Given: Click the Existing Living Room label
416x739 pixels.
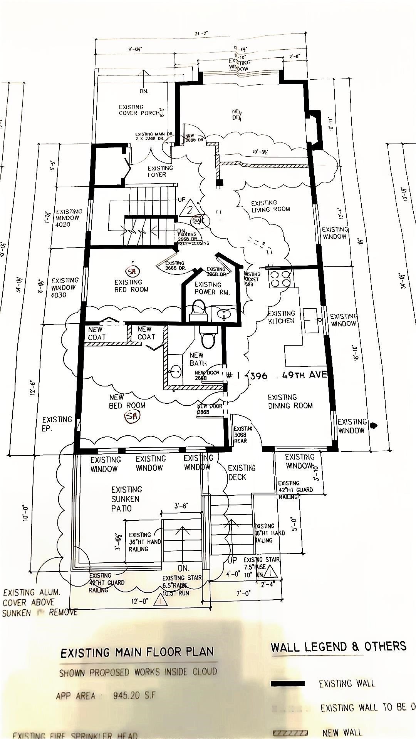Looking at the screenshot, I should (x=270, y=206).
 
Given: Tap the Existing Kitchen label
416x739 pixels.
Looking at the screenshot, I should (x=282, y=317).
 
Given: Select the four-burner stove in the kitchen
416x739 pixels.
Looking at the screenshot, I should (x=280, y=278).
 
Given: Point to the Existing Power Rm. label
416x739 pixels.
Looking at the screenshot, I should (x=211, y=288).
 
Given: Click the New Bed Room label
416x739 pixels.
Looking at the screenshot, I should (x=127, y=401).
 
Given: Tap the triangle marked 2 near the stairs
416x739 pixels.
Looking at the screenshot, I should (x=190, y=208).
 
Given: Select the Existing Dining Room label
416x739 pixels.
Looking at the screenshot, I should (x=290, y=401).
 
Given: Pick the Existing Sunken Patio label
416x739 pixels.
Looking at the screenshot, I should (x=126, y=499).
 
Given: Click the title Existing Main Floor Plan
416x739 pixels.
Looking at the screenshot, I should (x=137, y=652).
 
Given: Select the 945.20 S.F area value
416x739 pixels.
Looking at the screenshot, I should (x=134, y=696).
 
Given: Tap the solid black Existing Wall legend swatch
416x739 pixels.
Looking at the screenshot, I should (x=288, y=684).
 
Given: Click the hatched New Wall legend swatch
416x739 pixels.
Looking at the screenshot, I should (x=290, y=733).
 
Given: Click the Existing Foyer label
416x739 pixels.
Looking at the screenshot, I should (x=160, y=171).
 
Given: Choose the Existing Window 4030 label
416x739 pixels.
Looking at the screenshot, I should (x=64, y=288).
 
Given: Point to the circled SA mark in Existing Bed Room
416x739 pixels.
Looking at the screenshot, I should (x=133, y=271).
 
